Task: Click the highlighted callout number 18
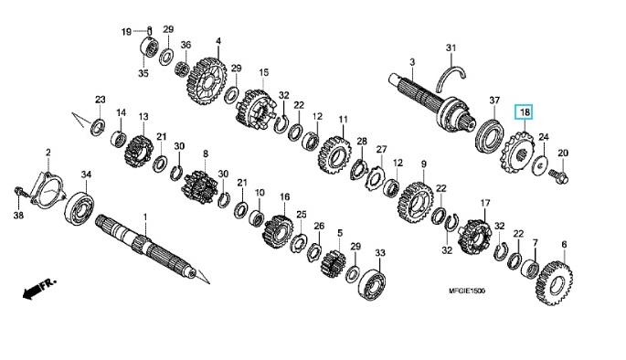(x=525, y=112)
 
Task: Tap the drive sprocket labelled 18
(x=516, y=154)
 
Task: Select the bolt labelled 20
(x=558, y=177)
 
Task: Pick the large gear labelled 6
(x=555, y=283)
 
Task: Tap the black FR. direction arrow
(x=39, y=288)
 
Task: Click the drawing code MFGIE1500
(x=467, y=291)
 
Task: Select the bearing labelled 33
(x=373, y=284)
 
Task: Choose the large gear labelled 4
(x=207, y=81)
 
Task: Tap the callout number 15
(x=263, y=72)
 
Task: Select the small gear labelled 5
(x=333, y=264)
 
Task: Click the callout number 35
(x=143, y=73)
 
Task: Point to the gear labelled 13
(x=139, y=152)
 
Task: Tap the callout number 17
(x=484, y=203)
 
